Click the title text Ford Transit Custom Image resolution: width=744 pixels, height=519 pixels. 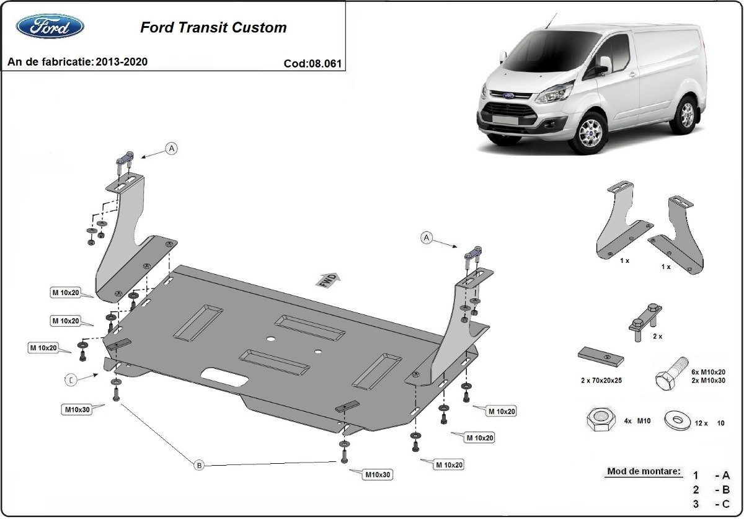click(213, 27)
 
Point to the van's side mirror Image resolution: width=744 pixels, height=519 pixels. click(603, 65)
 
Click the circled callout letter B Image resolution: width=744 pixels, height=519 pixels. click(199, 465)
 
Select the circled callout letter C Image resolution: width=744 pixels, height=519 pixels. click(72, 380)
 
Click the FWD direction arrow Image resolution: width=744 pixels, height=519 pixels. click(328, 279)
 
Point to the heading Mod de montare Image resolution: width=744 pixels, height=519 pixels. click(643, 471)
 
